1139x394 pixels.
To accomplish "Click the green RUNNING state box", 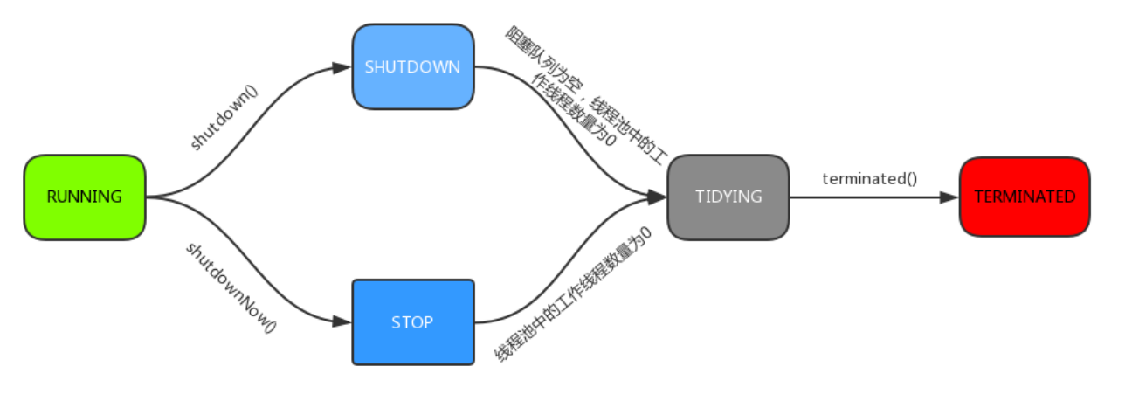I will point(84,197).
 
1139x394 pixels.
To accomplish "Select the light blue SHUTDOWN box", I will point(412,67).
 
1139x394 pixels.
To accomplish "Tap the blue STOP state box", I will point(412,322).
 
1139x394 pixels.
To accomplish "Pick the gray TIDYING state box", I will point(728,197).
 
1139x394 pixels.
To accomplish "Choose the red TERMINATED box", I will point(1024,197).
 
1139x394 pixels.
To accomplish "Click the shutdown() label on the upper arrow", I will point(224,117).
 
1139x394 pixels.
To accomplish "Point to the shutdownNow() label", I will point(230,287).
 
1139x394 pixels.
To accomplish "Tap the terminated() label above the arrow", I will point(869,178).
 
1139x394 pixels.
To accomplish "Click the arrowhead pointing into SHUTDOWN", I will point(342,67).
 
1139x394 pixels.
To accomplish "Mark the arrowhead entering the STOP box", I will point(342,322).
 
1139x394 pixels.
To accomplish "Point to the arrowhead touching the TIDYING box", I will point(658,197).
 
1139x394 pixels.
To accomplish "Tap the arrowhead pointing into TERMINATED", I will point(949,197).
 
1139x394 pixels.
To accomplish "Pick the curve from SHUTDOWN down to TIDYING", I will point(568,131).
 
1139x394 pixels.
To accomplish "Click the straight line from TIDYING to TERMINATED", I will point(865,197).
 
